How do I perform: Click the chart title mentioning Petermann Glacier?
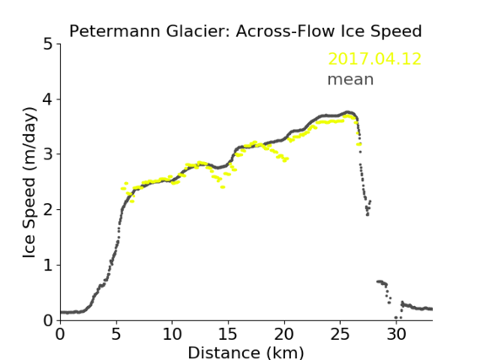(245, 31)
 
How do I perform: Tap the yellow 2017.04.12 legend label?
(375, 59)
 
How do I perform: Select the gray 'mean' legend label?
(351, 79)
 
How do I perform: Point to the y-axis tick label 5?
(48, 45)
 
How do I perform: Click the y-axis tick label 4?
(48, 99)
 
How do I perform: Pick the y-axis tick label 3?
(48, 154)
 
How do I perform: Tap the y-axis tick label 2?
(48, 210)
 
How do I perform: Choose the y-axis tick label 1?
(48, 266)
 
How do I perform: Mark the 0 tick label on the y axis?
(48, 320)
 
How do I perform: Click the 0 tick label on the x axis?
(60, 334)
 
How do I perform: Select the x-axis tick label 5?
(116, 334)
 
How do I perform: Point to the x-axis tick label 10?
(172, 334)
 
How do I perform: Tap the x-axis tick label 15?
(228, 334)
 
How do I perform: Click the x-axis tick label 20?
(283, 334)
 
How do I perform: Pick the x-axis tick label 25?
(340, 334)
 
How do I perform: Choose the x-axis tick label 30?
(396, 334)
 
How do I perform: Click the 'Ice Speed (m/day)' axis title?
(30, 183)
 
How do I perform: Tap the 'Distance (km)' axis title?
(245, 352)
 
